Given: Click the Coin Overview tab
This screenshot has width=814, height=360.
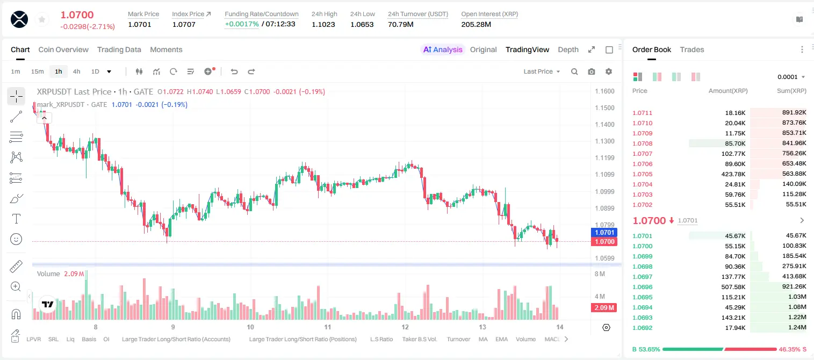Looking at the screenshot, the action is pyautogui.click(x=63, y=49).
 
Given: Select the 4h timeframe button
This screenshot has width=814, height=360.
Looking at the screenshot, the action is pyautogui.click(x=76, y=71).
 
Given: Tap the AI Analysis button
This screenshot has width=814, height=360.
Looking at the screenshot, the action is pyautogui.click(x=443, y=49).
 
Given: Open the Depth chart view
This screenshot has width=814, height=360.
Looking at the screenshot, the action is pyautogui.click(x=568, y=49).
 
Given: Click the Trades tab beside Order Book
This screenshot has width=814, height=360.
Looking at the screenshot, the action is pyautogui.click(x=692, y=49).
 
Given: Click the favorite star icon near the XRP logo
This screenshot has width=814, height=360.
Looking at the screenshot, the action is pyautogui.click(x=42, y=19).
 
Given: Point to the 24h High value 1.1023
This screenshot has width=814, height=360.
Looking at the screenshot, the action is pyautogui.click(x=323, y=24).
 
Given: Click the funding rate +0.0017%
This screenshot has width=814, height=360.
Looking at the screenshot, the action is pyautogui.click(x=242, y=24).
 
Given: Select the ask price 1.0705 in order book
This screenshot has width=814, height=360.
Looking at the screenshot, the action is pyautogui.click(x=643, y=174).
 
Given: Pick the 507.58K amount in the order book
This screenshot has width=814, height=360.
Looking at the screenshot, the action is pyautogui.click(x=733, y=287).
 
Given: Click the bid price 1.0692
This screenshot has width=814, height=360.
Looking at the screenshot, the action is pyautogui.click(x=643, y=328).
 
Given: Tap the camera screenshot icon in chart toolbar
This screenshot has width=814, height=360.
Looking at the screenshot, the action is pyautogui.click(x=592, y=71).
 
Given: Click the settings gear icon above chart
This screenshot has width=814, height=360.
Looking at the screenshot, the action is pyautogui.click(x=609, y=71).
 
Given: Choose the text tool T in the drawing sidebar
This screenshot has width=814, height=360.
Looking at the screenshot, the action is pyautogui.click(x=16, y=219).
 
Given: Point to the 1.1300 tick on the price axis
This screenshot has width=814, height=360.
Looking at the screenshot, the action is pyautogui.click(x=604, y=141).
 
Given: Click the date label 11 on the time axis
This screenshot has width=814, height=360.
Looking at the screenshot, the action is pyautogui.click(x=327, y=327).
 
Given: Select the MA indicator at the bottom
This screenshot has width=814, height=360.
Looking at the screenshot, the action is pyautogui.click(x=483, y=339).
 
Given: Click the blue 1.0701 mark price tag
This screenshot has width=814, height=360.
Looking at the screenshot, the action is pyautogui.click(x=604, y=233).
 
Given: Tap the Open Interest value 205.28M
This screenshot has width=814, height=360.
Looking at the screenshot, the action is pyautogui.click(x=476, y=24).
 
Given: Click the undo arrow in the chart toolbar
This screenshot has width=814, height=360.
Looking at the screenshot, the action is pyautogui.click(x=234, y=71).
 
